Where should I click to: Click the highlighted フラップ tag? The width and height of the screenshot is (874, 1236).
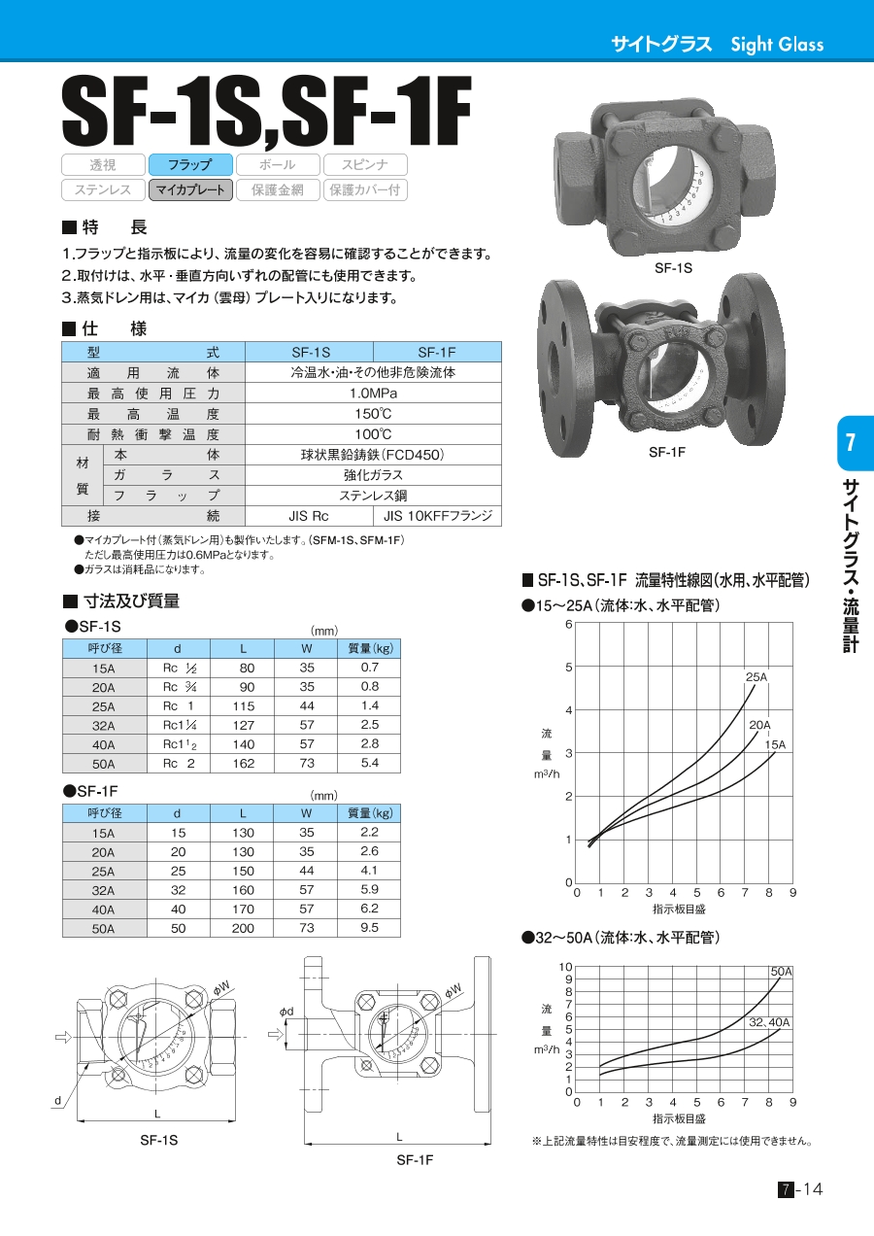(190, 164)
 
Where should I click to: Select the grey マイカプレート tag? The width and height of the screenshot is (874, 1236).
(190, 189)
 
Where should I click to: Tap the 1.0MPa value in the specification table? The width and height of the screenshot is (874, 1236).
(373, 394)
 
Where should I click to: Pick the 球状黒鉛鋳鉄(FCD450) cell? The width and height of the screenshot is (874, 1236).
(373, 455)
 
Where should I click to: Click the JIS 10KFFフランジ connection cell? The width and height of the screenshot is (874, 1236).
(437, 516)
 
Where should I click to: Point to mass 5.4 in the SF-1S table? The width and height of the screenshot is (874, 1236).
(369, 763)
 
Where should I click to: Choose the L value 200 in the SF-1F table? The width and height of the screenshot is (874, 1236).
(243, 928)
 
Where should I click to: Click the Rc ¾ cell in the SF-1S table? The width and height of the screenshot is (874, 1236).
(180, 687)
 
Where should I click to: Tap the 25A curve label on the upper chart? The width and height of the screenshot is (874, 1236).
(756, 677)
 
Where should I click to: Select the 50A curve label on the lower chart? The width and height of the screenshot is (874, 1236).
(781, 972)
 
